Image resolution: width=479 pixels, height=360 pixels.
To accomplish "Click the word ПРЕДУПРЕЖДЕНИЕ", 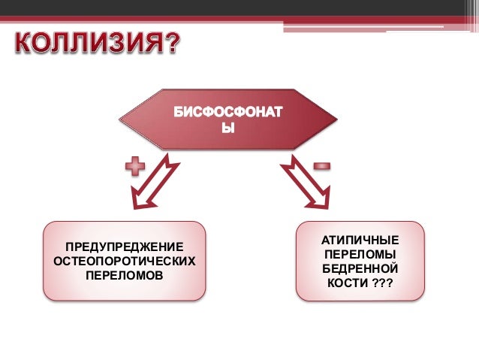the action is click(125, 247).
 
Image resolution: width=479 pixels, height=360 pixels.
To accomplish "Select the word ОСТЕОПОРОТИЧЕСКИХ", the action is click(125, 262).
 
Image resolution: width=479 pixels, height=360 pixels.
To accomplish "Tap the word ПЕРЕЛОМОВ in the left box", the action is click(125, 276).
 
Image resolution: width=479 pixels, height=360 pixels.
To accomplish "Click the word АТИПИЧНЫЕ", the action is click(360, 240).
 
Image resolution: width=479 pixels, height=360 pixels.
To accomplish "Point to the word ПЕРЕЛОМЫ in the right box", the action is click(360, 254).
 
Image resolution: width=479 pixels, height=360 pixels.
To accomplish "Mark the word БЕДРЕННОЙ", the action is click(360, 268).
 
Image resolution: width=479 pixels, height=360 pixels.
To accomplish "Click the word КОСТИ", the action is click(346, 283).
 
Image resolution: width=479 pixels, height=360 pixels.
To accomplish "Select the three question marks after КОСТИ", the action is click(383, 283).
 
